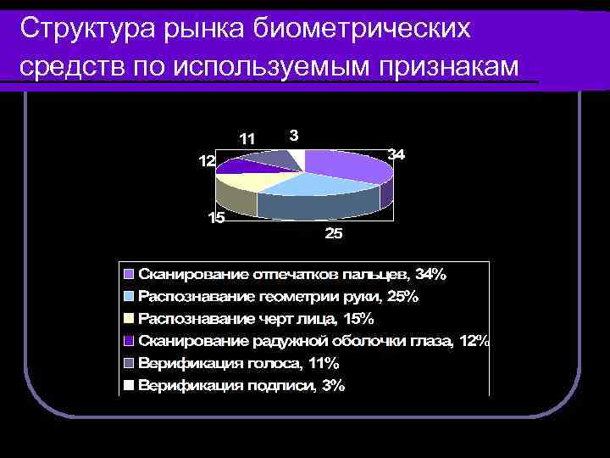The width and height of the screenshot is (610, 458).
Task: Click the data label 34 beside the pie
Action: tap(396, 154)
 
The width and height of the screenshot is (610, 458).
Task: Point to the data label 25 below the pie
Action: tap(335, 234)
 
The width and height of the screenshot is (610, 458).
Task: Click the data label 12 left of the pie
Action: tap(207, 161)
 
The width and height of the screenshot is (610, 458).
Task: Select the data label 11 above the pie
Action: tap(247, 138)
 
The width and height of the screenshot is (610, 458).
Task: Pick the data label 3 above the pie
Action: tap(293, 134)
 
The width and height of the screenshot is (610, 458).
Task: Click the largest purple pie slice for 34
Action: tap(347, 165)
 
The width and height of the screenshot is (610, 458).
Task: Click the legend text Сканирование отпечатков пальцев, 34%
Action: tap(291, 274)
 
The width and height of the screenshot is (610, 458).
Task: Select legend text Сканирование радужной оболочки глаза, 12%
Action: tap(313, 341)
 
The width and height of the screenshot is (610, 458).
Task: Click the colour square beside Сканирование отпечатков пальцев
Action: tap(129, 275)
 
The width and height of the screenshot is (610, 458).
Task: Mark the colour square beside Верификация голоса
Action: tap(129, 364)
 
